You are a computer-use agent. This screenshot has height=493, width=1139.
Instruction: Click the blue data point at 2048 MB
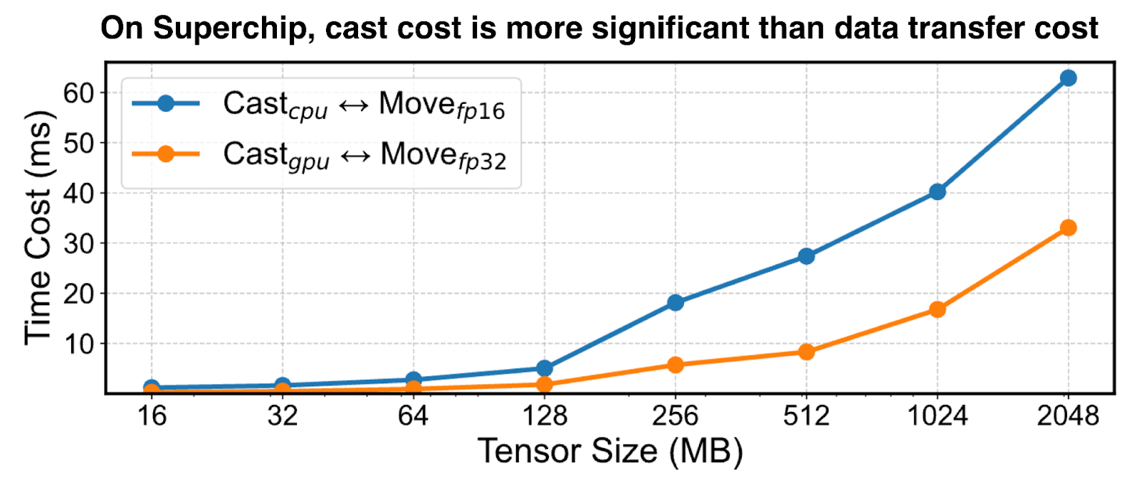[1068, 78]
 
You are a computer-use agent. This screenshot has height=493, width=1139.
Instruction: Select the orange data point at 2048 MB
[1068, 228]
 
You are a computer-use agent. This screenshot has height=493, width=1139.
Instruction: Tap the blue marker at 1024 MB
[937, 191]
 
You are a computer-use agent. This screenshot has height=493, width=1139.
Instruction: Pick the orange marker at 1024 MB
[937, 309]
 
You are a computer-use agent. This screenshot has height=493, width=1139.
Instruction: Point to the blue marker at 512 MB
[806, 256]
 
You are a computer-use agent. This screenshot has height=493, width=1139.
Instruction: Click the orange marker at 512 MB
[806, 351]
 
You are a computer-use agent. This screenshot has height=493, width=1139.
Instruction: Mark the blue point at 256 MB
[675, 302]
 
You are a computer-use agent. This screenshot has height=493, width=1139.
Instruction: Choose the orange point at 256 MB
[675, 365]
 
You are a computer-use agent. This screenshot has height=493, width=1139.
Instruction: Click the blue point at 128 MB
[544, 368]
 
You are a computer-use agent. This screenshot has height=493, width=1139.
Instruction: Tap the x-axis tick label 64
[413, 415]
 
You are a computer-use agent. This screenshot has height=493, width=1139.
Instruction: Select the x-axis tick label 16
[151, 415]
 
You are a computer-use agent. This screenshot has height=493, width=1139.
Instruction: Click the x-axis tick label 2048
[1068, 415]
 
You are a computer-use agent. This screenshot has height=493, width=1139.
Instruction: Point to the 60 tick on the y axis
[78, 92]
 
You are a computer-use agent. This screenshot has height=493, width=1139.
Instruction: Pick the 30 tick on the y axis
[78, 243]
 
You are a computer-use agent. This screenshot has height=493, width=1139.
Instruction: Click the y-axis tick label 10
[78, 344]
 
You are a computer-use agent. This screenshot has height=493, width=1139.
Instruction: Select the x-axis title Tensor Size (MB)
[610, 452]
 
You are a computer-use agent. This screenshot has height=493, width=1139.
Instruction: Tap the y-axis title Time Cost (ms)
[39, 228]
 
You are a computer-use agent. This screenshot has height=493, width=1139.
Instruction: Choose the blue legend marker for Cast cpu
[165, 104]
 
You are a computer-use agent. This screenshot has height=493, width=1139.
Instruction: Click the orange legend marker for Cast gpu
[165, 154]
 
